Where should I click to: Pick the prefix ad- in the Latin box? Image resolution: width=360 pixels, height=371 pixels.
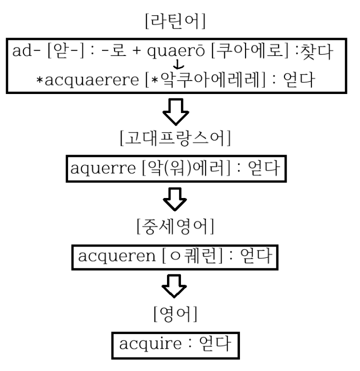point(24,52)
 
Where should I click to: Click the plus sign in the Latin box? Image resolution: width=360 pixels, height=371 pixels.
point(136,52)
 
